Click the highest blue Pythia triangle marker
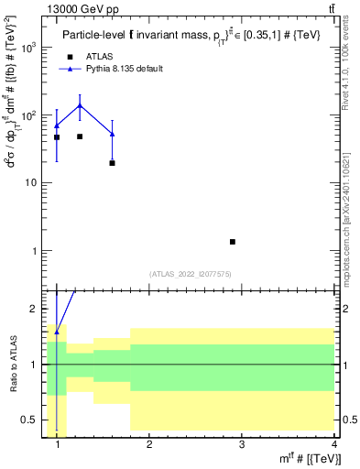[x=80, y=105]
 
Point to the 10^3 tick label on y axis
[x=31, y=48]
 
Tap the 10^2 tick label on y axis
[x=31, y=115]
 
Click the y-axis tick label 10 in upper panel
[x=33, y=183]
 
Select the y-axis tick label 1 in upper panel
[x=37, y=251]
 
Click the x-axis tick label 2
[x=150, y=444]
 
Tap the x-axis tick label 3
[x=242, y=444]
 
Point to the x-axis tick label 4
[x=333, y=444]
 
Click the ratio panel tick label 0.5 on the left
[x=30, y=420]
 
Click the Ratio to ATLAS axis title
[x=12, y=365]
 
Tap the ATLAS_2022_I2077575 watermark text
[x=191, y=274]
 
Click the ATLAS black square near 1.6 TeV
[x=112, y=163]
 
